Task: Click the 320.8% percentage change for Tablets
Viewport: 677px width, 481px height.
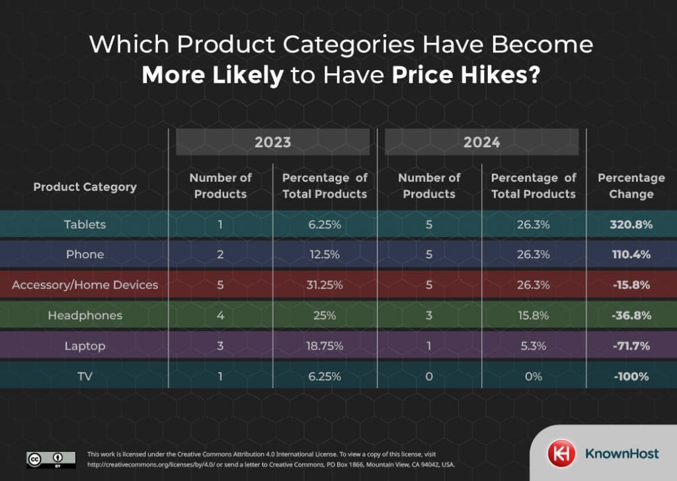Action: pos(631,225)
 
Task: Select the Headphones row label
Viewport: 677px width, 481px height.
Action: pos(85,316)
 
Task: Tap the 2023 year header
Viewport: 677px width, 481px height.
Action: pos(272,142)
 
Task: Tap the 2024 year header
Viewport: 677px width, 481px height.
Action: pos(481,142)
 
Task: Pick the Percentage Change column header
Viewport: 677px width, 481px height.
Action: pos(631,186)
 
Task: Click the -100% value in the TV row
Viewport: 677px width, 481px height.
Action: pos(631,377)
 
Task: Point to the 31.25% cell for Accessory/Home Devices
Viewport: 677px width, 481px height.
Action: pos(324,285)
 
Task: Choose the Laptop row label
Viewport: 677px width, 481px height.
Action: pos(85,346)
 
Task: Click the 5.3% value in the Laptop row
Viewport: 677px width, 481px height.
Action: pos(533,346)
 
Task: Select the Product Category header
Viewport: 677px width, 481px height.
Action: pos(85,187)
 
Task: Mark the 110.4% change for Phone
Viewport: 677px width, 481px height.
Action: pos(631,255)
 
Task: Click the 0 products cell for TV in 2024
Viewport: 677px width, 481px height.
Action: pos(429,377)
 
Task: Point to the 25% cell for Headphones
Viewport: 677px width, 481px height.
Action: pos(324,316)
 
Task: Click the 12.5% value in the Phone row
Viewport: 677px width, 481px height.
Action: pos(324,255)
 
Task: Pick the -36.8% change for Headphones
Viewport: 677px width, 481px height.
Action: pos(631,316)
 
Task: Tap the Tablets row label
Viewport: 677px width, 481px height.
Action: pos(85,225)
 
